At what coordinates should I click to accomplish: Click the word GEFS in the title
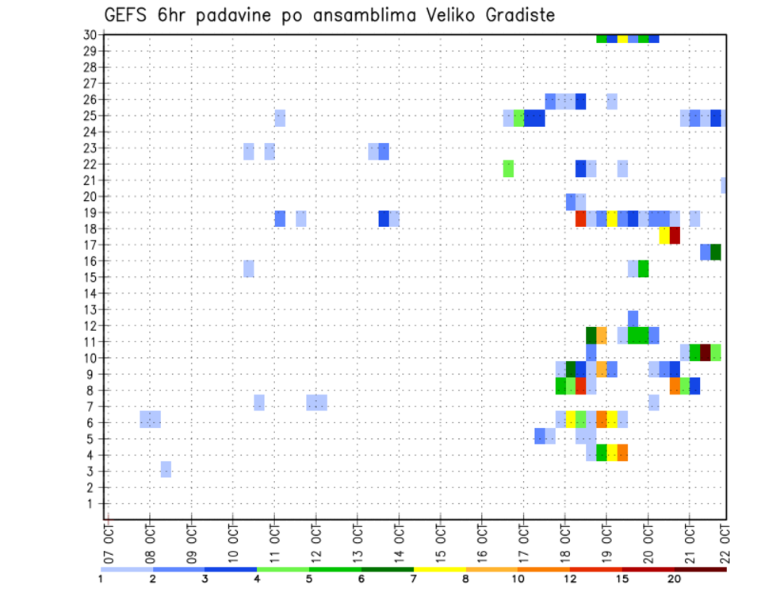click(x=128, y=16)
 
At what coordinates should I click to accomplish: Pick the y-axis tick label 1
click(x=93, y=503)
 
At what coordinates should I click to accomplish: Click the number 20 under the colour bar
click(x=674, y=579)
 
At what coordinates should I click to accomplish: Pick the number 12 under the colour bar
click(x=570, y=579)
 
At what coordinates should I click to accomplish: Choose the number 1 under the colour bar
click(x=101, y=579)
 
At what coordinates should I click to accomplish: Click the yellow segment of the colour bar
click(x=440, y=569)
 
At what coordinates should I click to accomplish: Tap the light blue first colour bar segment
click(x=127, y=569)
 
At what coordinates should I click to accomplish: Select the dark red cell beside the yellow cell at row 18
click(x=675, y=236)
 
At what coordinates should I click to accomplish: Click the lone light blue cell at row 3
click(x=166, y=469)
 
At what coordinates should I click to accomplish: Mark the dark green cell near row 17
click(x=716, y=252)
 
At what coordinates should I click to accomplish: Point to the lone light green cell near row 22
click(x=508, y=168)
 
